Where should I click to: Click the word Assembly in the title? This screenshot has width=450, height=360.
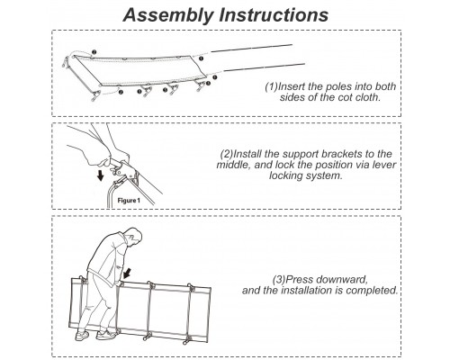(168, 15)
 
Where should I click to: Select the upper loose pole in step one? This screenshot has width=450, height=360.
(252, 49)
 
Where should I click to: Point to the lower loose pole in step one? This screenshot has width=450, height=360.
(265, 67)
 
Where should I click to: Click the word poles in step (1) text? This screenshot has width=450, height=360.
(338, 86)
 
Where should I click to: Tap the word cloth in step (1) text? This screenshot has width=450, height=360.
(366, 97)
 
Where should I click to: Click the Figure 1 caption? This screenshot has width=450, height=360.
(129, 200)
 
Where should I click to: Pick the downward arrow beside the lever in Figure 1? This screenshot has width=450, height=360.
(101, 175)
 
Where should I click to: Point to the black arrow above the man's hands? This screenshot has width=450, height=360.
(128, 273)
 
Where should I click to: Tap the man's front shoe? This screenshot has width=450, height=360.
(105, 335)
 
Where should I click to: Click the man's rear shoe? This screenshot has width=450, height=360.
(82, 335)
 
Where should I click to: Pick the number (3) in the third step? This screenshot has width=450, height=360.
(279, 280)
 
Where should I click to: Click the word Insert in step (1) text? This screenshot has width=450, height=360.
(292, 86)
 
